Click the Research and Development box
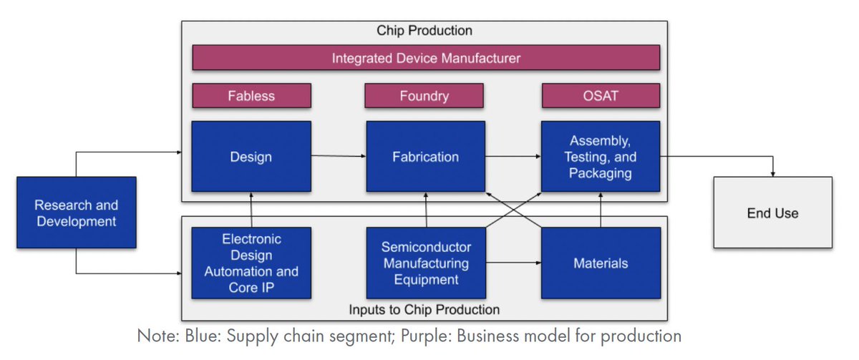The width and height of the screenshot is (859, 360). (x=77, y=213)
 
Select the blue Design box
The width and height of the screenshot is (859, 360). (x=251, y=157)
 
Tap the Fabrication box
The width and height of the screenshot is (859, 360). (x=425, y=157)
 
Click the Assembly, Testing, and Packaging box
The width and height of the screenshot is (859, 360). (x=600, y=157)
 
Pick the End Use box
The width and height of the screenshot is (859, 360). (x=772, y=213)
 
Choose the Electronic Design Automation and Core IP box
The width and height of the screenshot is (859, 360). (x=251, y=263)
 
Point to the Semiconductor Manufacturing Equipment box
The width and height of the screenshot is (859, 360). (x=425, y=263)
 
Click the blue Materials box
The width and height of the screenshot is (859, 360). (x=600, y=263)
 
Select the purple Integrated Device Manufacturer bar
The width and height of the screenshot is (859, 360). (x=425, y=58)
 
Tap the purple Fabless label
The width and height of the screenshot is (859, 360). (x=251, y=95)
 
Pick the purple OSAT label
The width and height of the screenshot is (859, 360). (x=600, y=95)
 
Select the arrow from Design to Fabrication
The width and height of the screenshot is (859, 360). (x=339, y=157)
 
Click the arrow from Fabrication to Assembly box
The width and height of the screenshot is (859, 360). (x=513, y=157)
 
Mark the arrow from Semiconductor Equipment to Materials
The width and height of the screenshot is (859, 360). (x=513, y=263)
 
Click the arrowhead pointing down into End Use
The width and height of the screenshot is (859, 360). (x=772, y=172)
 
